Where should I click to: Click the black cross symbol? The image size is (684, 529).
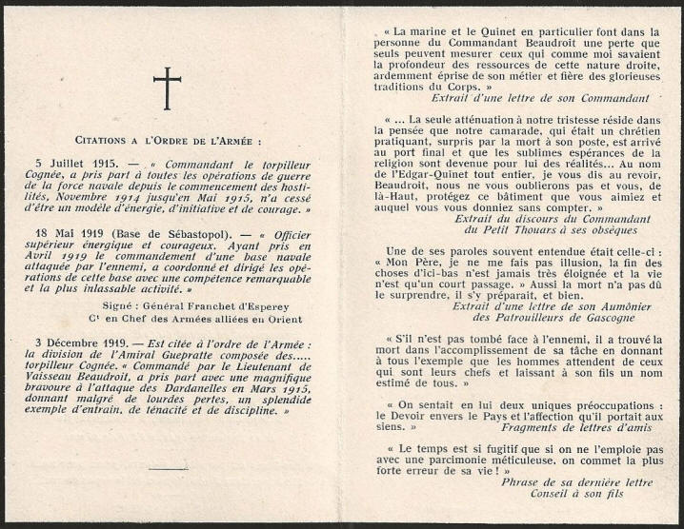tap(169, 88)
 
